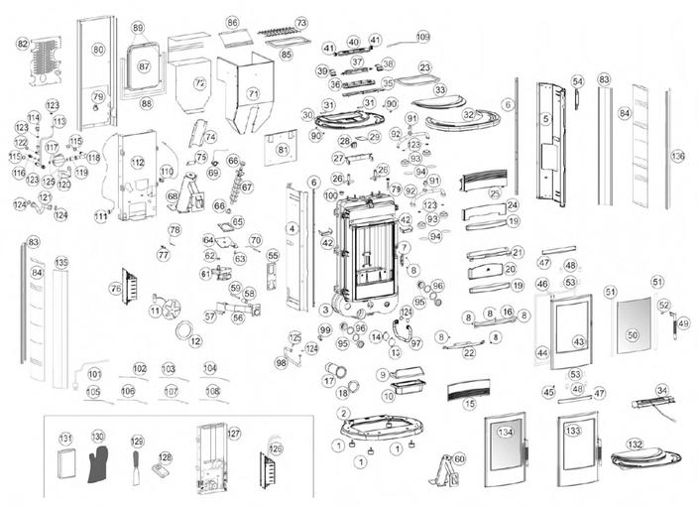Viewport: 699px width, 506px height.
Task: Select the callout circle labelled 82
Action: [22, 44]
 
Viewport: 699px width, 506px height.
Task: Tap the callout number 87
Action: [144, 66]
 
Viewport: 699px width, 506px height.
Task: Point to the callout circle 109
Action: [423, 37]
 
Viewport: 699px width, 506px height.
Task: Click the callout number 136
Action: [678, 156]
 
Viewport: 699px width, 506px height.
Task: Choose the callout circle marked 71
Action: [253, 93]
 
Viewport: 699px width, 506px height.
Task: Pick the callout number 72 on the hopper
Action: [199, 83]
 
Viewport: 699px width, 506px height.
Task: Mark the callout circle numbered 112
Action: [138, 162]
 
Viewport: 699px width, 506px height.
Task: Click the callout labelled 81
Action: [282, 150]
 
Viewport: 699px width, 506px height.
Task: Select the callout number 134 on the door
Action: [506, 433]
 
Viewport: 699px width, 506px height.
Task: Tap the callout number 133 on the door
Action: [572, 431]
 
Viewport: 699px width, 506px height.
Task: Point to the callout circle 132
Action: [635, 444]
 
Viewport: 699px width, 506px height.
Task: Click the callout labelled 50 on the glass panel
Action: [633, 336]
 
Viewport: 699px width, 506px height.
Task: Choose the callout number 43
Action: [579, 341]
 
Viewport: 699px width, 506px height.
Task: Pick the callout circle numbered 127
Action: [234, 434]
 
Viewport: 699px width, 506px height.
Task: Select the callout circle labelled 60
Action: [459, 458]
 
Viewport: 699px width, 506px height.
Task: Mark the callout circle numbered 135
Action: [61, 263]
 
